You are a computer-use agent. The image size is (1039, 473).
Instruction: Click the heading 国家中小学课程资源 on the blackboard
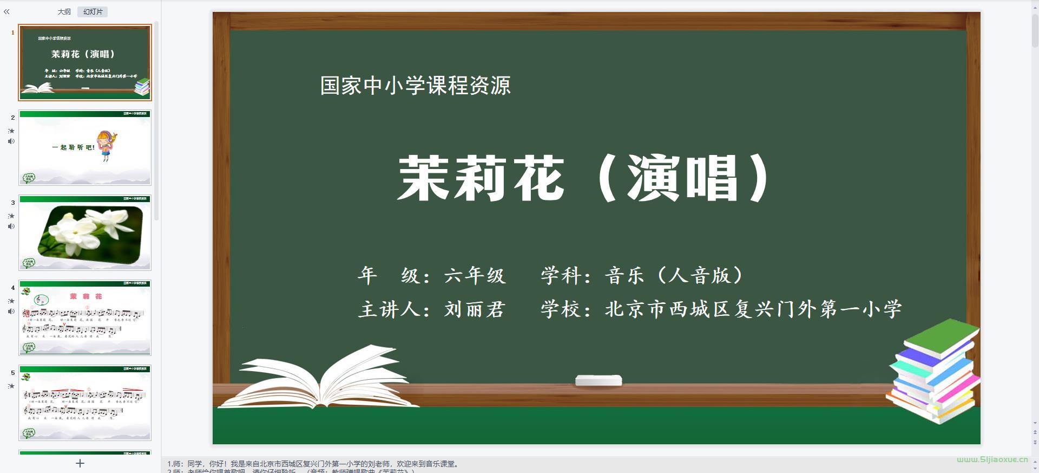415,86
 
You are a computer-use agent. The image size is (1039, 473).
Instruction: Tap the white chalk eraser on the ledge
598,380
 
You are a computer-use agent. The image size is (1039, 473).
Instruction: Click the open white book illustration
319,379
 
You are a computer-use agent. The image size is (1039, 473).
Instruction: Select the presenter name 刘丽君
475,309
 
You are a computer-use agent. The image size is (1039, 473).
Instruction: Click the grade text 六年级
475,276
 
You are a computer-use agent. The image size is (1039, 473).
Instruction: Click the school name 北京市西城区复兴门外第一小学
753,309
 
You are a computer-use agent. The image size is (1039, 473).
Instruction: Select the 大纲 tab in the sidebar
64,12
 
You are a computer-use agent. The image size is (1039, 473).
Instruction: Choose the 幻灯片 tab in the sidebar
93,12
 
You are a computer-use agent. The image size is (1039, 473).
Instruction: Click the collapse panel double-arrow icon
6,12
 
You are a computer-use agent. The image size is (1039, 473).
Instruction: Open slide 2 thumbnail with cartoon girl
85,147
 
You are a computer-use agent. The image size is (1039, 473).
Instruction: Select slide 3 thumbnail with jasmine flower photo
85,232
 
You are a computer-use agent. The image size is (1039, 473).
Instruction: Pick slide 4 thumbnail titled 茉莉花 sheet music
85,318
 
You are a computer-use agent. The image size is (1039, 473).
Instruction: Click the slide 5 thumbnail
85,403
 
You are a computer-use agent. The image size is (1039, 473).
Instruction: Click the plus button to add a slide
80,463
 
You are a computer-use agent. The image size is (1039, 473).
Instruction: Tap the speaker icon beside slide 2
11,141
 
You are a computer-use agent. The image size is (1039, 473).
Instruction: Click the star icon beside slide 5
11,386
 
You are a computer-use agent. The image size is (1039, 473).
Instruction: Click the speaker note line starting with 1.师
314,464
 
